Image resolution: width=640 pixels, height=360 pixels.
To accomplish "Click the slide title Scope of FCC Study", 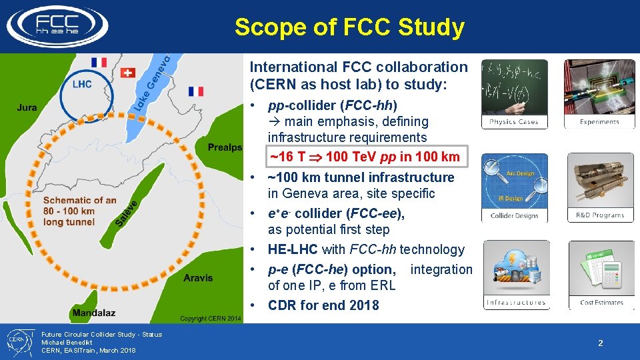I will pos(349,27).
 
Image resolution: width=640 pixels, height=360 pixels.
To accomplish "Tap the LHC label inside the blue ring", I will pos(82,84).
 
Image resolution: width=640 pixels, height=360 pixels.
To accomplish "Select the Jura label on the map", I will pos(27,107).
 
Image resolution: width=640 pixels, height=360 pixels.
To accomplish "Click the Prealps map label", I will pos(225,147).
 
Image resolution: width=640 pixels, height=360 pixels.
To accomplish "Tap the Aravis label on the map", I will pos(199,277).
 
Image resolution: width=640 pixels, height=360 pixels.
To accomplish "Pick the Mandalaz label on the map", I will pos(94,312).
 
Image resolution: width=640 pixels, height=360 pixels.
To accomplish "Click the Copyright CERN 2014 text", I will pos(211,319).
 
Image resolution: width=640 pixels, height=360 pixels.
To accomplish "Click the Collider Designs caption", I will pos(514,216).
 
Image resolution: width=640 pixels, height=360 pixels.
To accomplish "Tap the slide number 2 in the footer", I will pos(600,343).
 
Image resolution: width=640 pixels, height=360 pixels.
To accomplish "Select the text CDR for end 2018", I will pos(323,305).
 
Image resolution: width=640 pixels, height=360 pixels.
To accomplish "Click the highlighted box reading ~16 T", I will pos(364,157).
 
